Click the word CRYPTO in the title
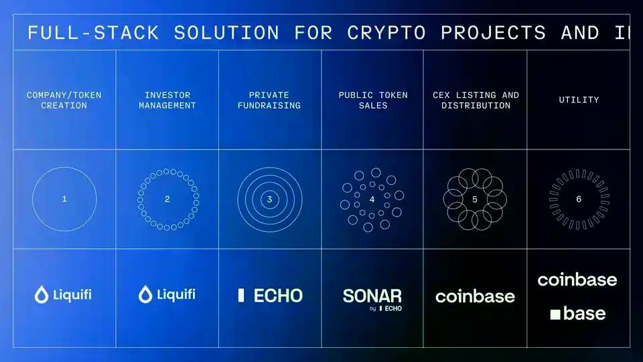386,32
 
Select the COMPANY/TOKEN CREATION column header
64,100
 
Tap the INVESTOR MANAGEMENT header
167,100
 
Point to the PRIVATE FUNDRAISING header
269,100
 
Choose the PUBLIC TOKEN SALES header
373,100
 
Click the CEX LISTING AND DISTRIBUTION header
476,100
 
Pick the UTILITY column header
579,100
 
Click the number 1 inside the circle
64,199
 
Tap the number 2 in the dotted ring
167,199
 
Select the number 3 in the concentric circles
269,199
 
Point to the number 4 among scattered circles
372,199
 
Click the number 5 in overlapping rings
475,199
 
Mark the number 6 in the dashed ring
579,199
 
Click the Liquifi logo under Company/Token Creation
64,294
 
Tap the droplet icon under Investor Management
145,294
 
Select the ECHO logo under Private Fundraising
271,295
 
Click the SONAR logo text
372,296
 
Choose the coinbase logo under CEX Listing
475,296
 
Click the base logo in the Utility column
578,313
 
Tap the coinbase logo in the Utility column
577,279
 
